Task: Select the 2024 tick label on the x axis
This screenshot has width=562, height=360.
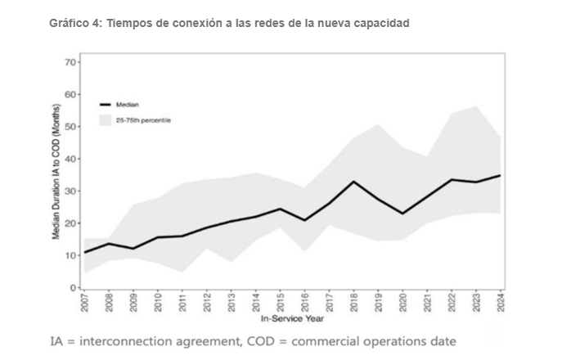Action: (501, 300)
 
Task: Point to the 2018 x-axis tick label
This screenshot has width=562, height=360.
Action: (354, 300)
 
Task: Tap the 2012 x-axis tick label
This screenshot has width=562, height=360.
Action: (208, 300)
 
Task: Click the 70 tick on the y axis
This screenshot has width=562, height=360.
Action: (70, 62)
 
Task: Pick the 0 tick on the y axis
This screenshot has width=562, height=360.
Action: (72, 287)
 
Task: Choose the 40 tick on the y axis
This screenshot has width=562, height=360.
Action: (70, 159)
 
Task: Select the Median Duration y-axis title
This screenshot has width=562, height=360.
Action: (56, 173)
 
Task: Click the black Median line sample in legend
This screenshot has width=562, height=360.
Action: (105, 105)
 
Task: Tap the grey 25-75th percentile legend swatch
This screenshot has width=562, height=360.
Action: (105, 120)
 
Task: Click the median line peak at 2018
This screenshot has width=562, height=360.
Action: (354, 181)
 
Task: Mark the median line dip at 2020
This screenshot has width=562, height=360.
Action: (403, 214)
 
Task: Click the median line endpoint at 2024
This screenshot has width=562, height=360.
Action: (501, 175)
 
